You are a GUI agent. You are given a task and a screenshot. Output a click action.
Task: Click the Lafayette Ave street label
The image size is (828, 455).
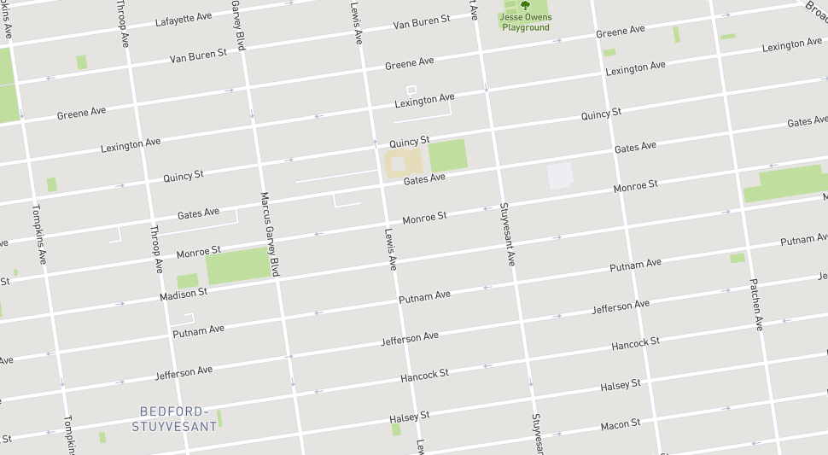pyautogui.click(x=184, y=19)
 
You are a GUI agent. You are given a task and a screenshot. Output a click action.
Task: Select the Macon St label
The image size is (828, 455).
pyautogui.click(x=621, y=424)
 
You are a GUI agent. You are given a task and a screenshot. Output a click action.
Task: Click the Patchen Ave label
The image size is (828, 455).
pyautogui.click(x=756, y=304)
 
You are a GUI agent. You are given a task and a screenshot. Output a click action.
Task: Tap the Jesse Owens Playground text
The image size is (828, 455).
pyautogui.click(x=526, y=22)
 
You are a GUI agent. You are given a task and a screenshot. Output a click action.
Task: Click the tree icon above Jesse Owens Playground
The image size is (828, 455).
pyautogui.click(x=525, y=5)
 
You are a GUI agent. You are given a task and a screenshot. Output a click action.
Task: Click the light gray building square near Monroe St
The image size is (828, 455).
pyautogui.click(x=560, y=175)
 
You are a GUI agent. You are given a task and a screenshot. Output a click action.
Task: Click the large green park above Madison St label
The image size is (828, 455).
pyautogui.click(x=237, y=265)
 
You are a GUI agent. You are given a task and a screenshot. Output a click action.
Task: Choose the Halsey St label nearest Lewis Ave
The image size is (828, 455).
pyautogui.click(x=409, y=417)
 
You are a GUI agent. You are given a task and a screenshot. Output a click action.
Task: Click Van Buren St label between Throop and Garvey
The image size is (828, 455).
pyautogui.click(x=198, y=55)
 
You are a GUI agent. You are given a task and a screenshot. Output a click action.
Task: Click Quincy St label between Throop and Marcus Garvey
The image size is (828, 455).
pyautogui.click(x=184, y=177)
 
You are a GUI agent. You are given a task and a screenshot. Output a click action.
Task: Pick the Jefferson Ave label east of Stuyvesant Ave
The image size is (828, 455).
pyautogui.click(x=621, y=306)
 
